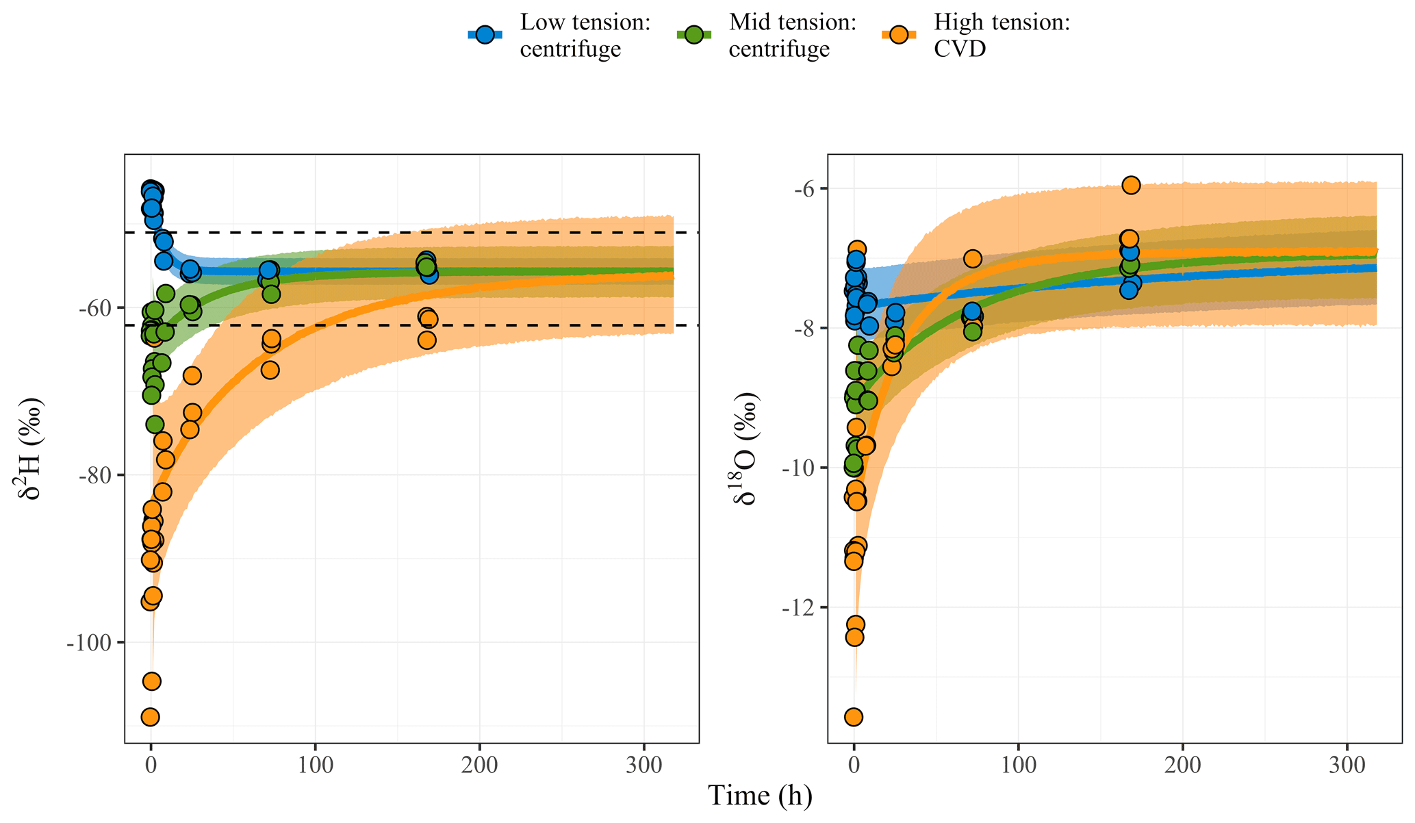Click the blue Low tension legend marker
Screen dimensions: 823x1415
(485, 35)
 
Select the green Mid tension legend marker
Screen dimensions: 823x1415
(693, 35)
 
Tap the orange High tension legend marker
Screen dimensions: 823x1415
(899, 35)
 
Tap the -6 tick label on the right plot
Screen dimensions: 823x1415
(804, 189)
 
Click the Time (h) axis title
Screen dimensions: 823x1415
(760, 796)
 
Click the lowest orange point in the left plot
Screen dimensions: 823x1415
(150, 717)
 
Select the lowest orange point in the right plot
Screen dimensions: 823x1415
(854, 717)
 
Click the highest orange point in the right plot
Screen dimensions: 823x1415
(1131, 185)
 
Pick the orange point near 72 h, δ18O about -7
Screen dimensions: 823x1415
(972, 258)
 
